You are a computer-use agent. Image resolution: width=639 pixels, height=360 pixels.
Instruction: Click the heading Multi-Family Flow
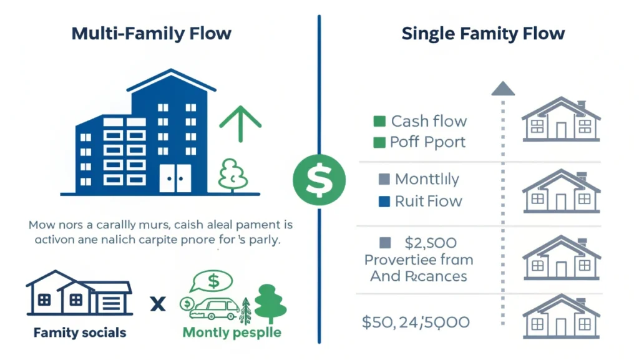[x=152, y=33]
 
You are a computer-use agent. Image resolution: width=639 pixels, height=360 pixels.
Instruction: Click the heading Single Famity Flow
[x=483, y=33]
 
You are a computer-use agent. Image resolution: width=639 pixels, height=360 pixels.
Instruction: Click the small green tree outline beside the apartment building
[x=233, y=173]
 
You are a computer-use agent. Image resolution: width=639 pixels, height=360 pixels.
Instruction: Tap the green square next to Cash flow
[x=378, y=121]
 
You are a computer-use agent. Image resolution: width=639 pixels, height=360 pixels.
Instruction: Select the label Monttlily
[x=427, y=180]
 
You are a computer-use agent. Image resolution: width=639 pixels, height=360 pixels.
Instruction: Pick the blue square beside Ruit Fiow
[x=384, y=201]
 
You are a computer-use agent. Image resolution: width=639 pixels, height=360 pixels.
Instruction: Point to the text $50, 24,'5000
[x=416, y=323]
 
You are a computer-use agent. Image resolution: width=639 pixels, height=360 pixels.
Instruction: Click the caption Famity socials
[x=80, y=333]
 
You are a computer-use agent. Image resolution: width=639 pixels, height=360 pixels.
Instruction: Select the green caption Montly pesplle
[x=232, y=333]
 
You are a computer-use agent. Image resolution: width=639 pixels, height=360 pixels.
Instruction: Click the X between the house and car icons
[x=158, y=304]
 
